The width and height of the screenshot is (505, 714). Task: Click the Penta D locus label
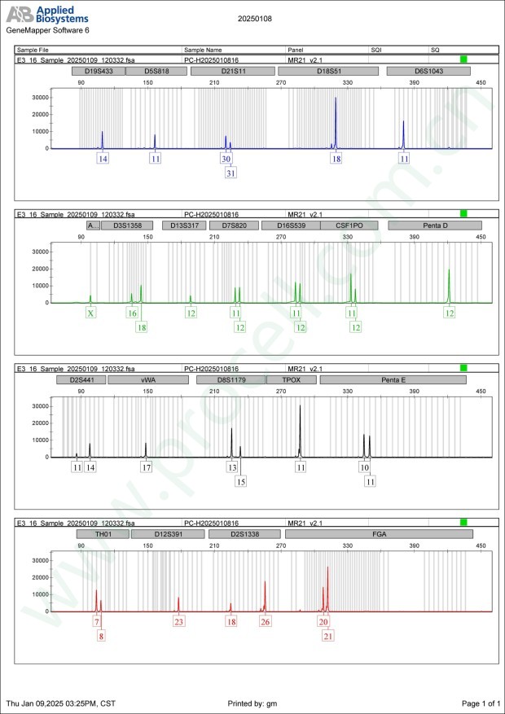click(x=435, y=225)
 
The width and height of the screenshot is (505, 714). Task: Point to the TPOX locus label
click(x=292, y=379)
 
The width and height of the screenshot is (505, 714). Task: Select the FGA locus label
click(x=379, y=533)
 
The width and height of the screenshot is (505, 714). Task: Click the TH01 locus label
click(x=102, y=533)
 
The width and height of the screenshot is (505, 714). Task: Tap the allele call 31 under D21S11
click(x=231, y=173)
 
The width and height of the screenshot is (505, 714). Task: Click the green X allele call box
click(x=90, y=313)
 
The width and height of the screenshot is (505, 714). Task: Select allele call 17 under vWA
click(x=147, y=467)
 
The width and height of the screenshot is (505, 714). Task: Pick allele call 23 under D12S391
click(x=179, y=621)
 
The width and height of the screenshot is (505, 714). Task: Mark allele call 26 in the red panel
click(x=265, y=621)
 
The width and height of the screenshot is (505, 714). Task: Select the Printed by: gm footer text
click(x=253, y=703)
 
